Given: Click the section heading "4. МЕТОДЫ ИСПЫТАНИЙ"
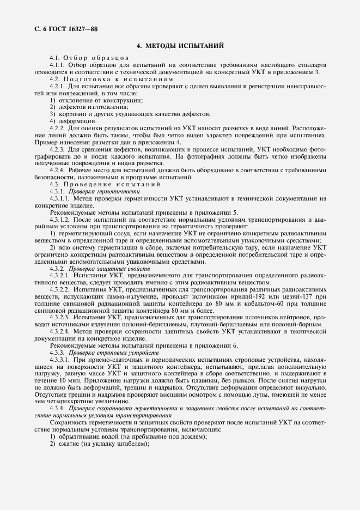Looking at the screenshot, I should pyautogui.click(x=180, y=46).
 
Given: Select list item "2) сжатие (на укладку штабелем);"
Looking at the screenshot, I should pyautogui.click(x=99, y=444).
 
